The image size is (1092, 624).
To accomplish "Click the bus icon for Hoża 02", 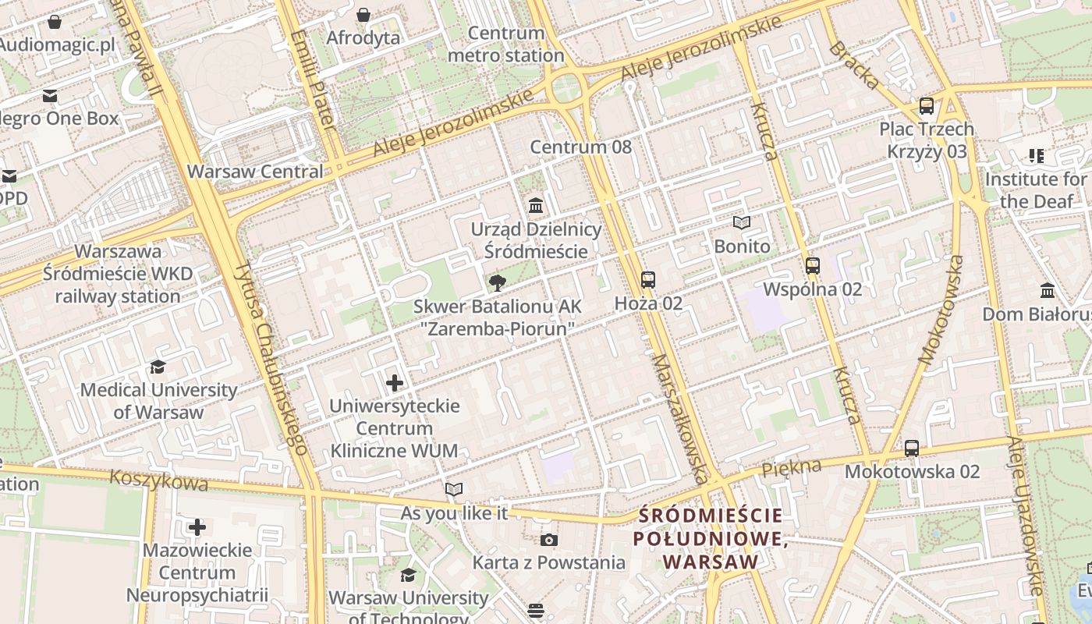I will tap(647, 279).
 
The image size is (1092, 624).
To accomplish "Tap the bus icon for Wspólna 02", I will tap(813, 266).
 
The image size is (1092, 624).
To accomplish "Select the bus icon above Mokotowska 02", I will tap(911, 448).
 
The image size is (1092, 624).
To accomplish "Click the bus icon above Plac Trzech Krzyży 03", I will tap(927, 106).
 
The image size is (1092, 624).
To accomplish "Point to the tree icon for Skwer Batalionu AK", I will tap(496, 283).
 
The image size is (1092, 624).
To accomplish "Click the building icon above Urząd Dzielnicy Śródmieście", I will tap(536, 206).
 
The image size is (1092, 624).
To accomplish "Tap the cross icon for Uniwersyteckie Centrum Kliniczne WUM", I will tap(395, 383).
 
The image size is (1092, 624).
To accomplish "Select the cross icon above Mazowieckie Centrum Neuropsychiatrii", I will tap(197, 527).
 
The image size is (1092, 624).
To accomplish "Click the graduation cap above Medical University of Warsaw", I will tap(158, 367).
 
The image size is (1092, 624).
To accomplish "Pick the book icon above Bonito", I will tap(741, 223).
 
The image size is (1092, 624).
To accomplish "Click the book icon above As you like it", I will tap(454, 490).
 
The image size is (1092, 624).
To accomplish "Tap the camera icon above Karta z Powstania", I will tap(549, 540).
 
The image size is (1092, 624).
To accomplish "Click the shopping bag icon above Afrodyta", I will tap(363, 15).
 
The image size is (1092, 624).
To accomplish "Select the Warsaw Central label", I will tap(255, 172).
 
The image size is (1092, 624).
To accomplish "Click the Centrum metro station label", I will tap(506, 44).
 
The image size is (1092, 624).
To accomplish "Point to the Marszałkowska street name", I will tap(680, 419).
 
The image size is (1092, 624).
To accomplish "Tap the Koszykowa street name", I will tap(159, 480).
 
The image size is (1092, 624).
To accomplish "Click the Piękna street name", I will tap(792, 468).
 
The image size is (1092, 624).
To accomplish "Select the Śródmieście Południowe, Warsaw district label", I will tap(708, 538).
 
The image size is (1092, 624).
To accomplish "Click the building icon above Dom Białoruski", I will tap(1048, 291).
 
